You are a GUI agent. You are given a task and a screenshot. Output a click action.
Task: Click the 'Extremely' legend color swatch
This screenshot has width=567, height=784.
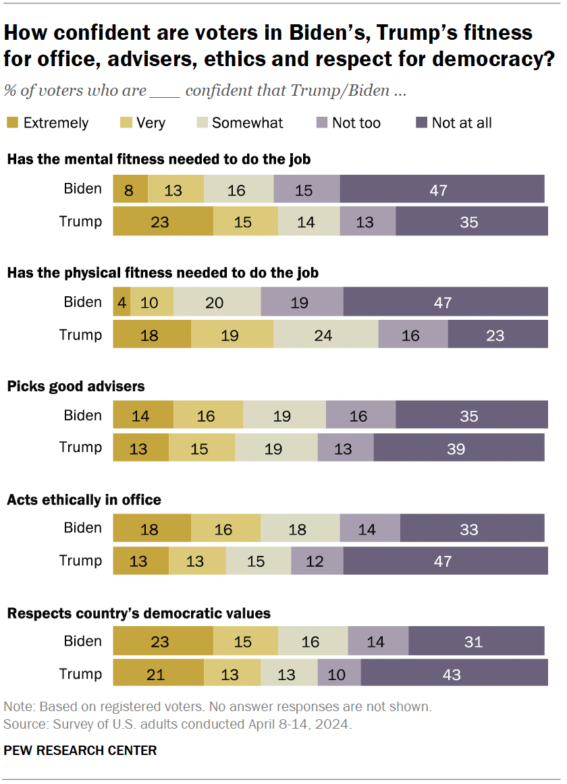[x=12, y=123]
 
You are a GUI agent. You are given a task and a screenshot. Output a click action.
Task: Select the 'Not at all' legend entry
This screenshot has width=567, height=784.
[x=461, y=123]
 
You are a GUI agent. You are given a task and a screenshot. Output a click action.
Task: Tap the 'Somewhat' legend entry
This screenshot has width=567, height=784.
[x=247, y=123]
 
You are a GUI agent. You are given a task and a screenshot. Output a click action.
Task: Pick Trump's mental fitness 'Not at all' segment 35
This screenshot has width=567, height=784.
[x=471, y=221]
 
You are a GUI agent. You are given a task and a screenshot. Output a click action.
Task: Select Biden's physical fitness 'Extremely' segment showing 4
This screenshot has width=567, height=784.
[x=122, y=302]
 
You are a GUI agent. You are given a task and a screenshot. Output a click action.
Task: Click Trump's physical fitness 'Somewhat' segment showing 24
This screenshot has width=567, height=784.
[x=325, y=335]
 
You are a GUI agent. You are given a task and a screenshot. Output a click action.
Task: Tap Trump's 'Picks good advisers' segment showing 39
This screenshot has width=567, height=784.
[x=458, y=448]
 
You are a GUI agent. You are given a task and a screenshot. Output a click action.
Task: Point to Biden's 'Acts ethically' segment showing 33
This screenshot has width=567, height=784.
[x=472, y=528]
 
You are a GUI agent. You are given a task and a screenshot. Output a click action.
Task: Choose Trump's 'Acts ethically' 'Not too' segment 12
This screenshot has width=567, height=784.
[x=317, y=561]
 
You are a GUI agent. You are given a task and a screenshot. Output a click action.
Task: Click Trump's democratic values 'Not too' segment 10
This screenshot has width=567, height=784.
[x=339, y=674]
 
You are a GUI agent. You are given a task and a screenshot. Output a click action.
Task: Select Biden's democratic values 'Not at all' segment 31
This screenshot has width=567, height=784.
[x=476, y=641]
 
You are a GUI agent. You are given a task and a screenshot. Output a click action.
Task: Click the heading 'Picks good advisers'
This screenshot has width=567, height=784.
[x=76, y=387]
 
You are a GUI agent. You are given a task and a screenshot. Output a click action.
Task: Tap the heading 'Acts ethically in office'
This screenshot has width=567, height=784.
[x=84, y=500]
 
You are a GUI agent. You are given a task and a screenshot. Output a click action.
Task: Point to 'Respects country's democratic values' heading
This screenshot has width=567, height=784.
[x=138, y=613]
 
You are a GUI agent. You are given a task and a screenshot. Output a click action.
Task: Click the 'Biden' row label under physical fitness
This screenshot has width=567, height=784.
[x=82, y=302]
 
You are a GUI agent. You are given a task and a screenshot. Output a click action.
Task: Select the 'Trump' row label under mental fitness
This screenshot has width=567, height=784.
[x=81, y=221]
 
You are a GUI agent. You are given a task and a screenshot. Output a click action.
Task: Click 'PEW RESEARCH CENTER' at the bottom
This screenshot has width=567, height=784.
[x=80, y=750]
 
